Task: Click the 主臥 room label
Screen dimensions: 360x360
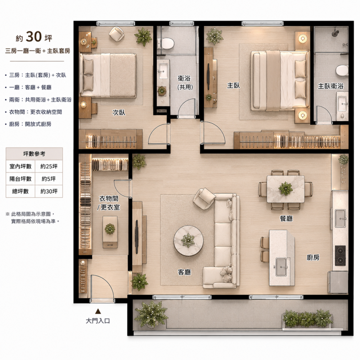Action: [x=233, y=85]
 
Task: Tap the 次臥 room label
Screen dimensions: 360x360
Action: [x=119, y=112]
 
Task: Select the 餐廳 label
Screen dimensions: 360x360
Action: [x=286, y=218]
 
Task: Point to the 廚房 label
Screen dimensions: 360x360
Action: [x=313, y=257]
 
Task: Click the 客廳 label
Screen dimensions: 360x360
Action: [x=184, y=272]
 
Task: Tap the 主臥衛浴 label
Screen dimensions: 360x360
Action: [x=331, y=86]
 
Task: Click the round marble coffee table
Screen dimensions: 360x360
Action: [x=189, y=241]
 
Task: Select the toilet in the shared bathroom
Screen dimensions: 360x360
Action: [x=166, y=43]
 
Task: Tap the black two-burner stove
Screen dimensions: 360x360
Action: [x=340, y=255]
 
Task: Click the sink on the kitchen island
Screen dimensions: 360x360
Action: [x=281, y=267]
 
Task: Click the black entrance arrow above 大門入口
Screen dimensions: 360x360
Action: [x=98, y=311]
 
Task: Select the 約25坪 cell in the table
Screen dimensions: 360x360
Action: [x=49, y=166]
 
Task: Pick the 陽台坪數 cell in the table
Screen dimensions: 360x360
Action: [x=20, y=179]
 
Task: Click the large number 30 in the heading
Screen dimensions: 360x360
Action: [x=34, y=37]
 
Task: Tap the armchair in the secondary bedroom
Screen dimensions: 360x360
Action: [x=117, y=34]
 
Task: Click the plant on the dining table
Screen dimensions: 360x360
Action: [x=286, y=189]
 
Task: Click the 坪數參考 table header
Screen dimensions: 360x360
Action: [x=34, y=154]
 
